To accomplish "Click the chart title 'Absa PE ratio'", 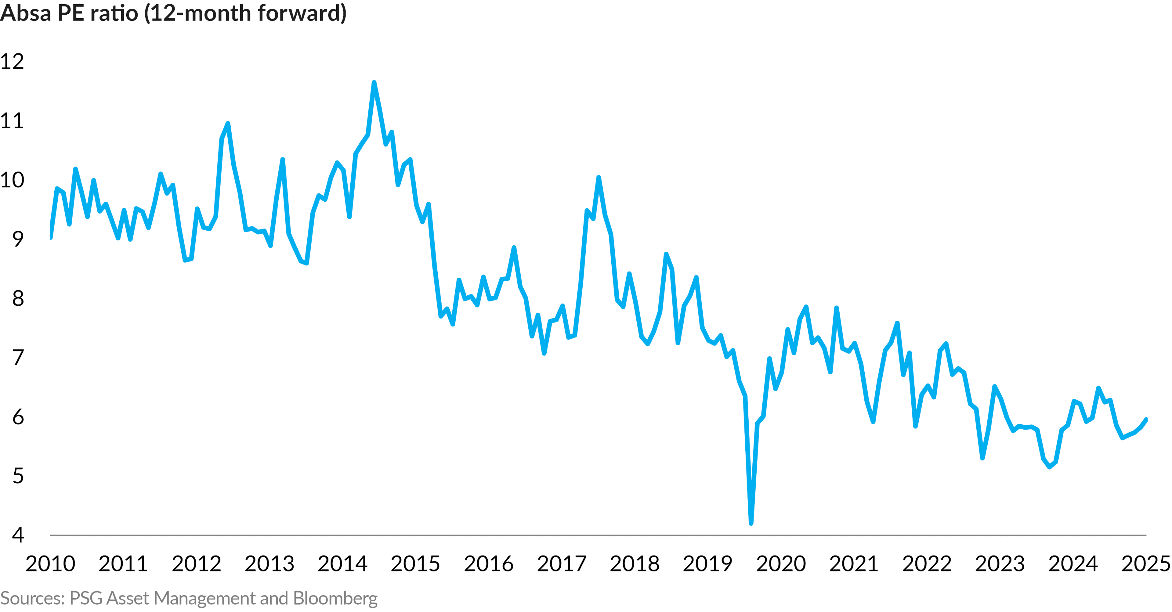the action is pos(69,13).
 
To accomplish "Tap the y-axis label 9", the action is pos(18,239).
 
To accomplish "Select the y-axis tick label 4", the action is pos(18,535).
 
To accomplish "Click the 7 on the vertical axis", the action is pos(18,358).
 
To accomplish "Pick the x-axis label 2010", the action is pos(50,564).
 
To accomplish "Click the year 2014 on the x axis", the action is pos(342,564).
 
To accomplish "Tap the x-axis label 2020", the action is pos(781,564).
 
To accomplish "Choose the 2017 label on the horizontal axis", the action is pos(562,564).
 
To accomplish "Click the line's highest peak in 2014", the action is pos(374,83).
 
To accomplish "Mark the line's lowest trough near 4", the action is pos(751,523).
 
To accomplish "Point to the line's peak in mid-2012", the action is pos(228,124).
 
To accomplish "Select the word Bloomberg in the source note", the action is pos(335,598).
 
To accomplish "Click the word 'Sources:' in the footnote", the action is pos(33,598).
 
